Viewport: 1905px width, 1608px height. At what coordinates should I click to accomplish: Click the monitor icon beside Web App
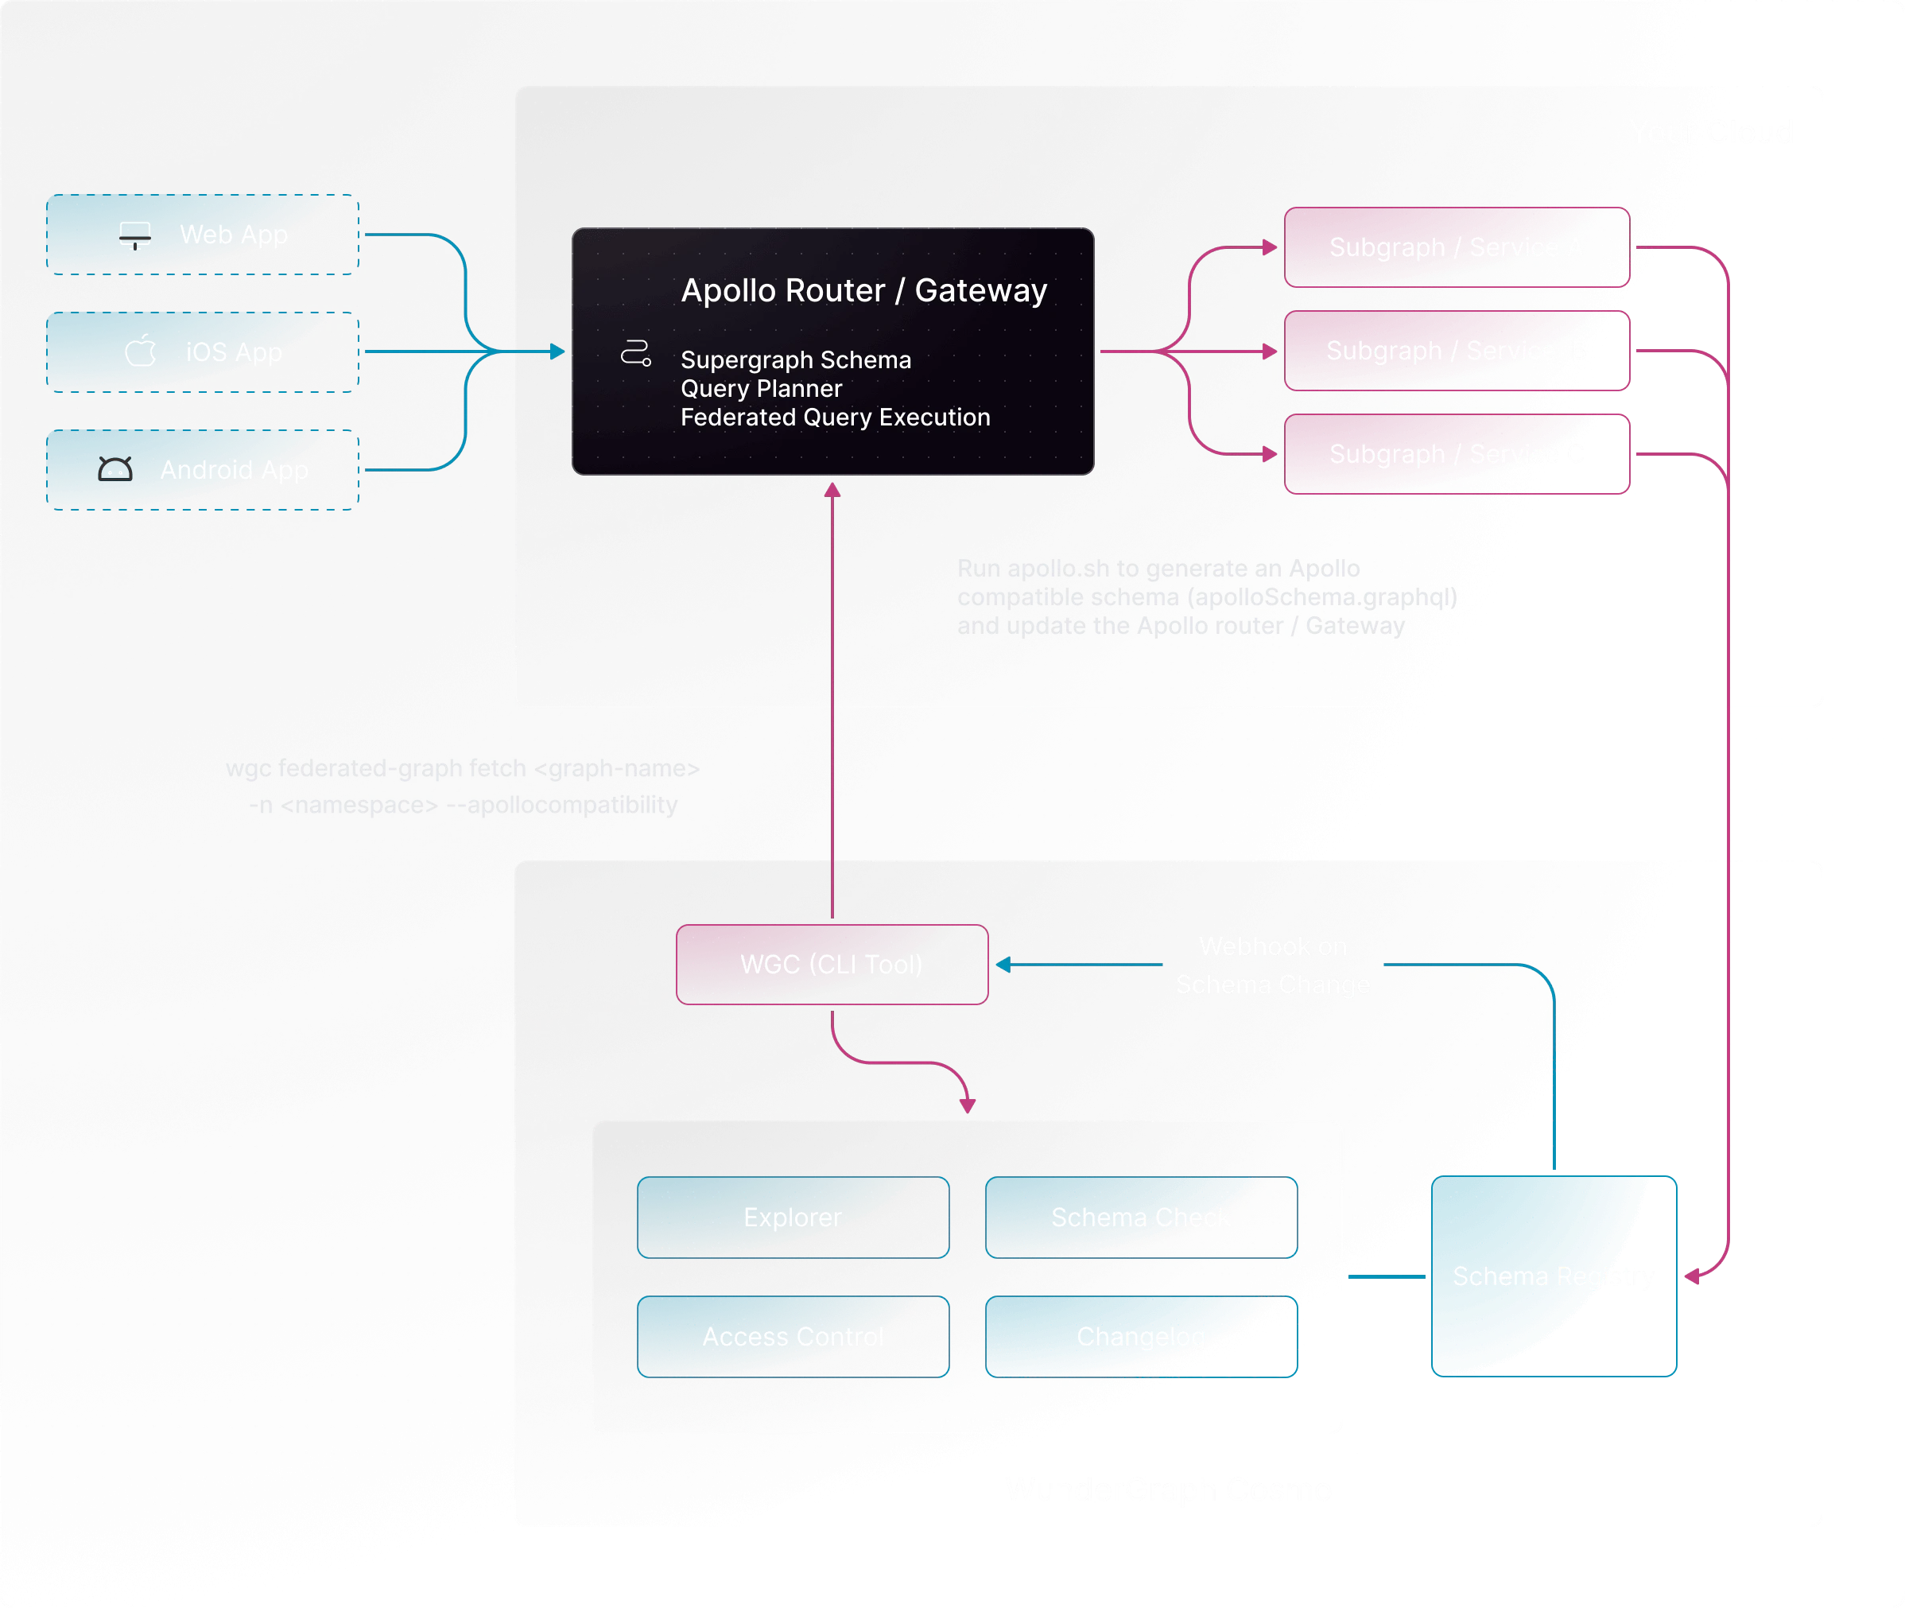click(x=135, y=235)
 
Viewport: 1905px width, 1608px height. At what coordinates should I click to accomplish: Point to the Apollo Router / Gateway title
click(x=863, y=290)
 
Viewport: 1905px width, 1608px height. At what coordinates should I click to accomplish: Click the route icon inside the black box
click(x=635, y=354)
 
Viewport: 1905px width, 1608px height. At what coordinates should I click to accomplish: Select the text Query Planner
click(x=761, y=388)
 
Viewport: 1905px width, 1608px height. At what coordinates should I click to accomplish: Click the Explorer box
click(x=792, y=1217)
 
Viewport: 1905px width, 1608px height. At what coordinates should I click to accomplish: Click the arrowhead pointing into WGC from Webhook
click(x=1003, y=965)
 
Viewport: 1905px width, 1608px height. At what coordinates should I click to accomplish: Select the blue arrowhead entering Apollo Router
click(x=557, y=351)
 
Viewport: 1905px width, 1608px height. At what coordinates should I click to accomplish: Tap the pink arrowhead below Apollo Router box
click(x=832, y=491)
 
